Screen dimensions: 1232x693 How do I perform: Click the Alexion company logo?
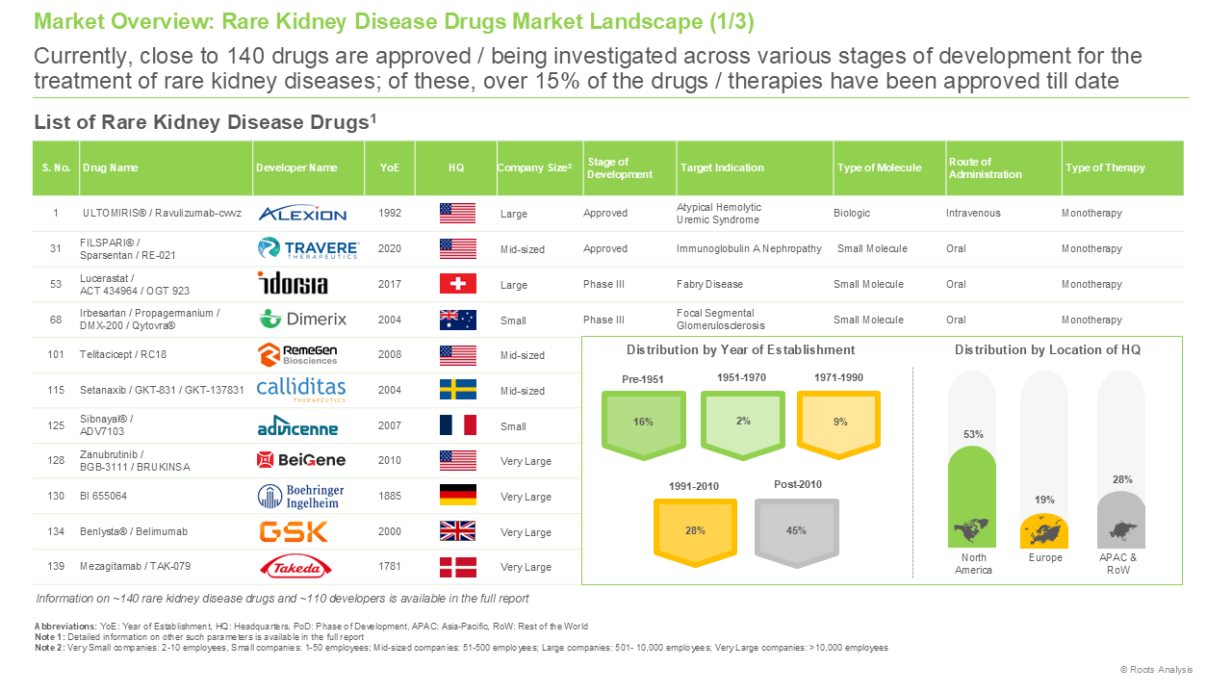click(302, 214)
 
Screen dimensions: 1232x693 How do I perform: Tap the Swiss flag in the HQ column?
click(457, 284)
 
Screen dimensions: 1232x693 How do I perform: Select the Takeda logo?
click(295, 567)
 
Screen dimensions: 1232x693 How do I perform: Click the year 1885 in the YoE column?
click(390, 496)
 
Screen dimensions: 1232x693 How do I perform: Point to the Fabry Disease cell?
click(709, 284)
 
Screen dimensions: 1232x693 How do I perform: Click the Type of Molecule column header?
click(879, 167)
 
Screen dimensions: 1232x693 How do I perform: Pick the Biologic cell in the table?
click(852, 213)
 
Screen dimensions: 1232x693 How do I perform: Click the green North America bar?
click(972, 498)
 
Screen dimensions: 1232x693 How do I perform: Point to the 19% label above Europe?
click(1044, 500)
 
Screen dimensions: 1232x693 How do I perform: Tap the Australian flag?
click(457, 320)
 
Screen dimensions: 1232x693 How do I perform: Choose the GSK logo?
click(294, 532)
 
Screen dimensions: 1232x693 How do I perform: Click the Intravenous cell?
click(973, 213)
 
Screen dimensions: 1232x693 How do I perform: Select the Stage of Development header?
click(619, 167)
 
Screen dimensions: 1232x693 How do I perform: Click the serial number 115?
click(56, 390)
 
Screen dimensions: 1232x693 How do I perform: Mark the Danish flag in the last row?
click(457, 567)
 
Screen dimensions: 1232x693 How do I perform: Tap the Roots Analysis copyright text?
click(1156, 669)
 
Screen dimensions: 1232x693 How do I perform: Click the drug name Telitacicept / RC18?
click(123, 355)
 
